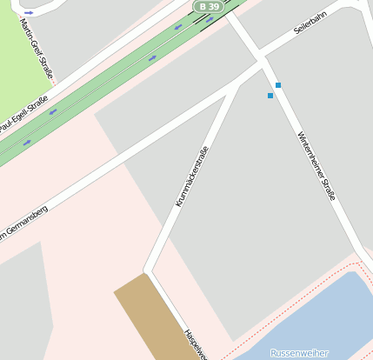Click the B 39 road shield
click(207, 6)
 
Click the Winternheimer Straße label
click(316, 166)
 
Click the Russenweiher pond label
click(299, 352)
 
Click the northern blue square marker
click(278, 84)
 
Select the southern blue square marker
click(270, 96)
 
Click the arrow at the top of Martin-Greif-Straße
click(29, 13)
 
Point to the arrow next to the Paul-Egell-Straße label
click(52, 111)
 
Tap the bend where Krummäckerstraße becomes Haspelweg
click(149, 269)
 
